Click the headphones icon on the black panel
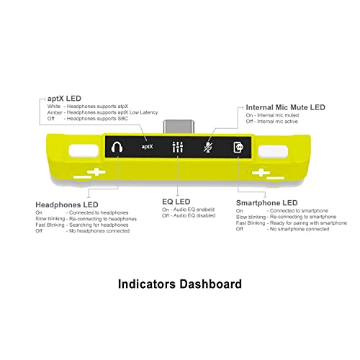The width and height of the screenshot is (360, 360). [117, 147]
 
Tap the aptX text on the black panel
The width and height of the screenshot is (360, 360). [147, 146]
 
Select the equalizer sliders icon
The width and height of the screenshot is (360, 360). [178, 147]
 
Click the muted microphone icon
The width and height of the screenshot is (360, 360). [208, 147]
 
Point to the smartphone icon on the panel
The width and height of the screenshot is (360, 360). [238, 147]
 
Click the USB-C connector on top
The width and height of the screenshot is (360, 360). [179, 127]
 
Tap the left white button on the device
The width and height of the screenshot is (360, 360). [84, 150]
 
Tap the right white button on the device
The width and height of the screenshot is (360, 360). [273, 151]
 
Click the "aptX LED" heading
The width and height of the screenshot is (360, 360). [64, 99]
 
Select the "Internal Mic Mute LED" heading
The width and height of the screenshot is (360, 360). [285, 107]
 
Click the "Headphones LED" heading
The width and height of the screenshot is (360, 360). [67, 204]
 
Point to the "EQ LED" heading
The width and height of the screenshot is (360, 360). [176, 202]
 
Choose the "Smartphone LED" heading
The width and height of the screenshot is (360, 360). [267, 203]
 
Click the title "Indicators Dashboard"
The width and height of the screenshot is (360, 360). [180, 284]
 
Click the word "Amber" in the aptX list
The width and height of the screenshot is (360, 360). [55, 112]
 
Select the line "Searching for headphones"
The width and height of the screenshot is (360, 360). [99, 225]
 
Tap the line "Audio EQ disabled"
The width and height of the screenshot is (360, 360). [194, 215]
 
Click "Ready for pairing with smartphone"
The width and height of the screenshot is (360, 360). [308, 223]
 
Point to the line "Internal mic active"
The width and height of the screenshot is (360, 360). [277, 122]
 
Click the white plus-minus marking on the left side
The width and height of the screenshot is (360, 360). [89, 174]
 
